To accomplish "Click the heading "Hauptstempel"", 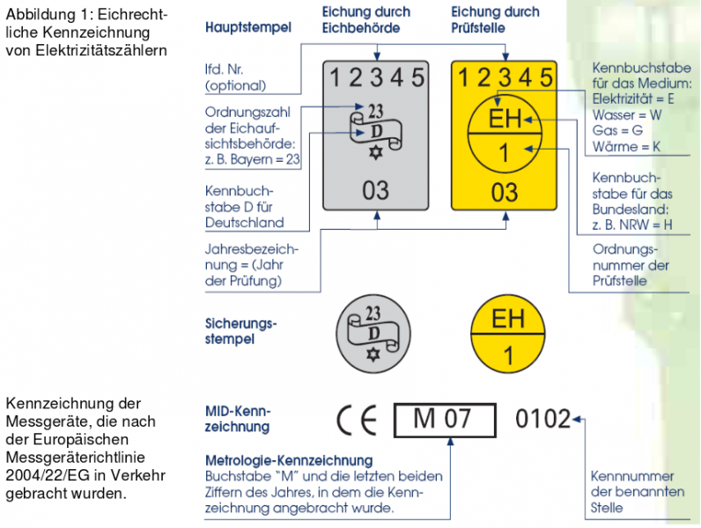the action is pos(248,27).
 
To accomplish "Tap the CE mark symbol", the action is pos(357,420).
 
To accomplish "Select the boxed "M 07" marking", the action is pos(445,420).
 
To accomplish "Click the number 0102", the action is pos(542,419).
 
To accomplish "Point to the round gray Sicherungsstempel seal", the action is pos(373,334).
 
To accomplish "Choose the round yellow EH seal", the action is pos(508,334).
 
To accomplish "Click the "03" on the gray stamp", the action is pos(375,191).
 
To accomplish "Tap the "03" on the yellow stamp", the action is pos(505,193).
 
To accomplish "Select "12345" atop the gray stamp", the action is pos(376,77).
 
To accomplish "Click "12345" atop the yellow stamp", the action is pos(505,77).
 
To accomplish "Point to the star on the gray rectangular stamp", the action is pos(375,152).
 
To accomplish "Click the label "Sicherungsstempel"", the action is pos(241,331).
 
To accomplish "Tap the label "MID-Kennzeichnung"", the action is pos(238,419).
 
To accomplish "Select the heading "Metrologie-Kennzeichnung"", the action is pos(289,460).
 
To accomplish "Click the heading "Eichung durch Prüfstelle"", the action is pos(495,19).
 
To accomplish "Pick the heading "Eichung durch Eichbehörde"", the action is pos(366,19).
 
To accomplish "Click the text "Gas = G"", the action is pos(617,130).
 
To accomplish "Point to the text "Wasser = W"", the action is pos(627,114).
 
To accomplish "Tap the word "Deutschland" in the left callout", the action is pos(245,223).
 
